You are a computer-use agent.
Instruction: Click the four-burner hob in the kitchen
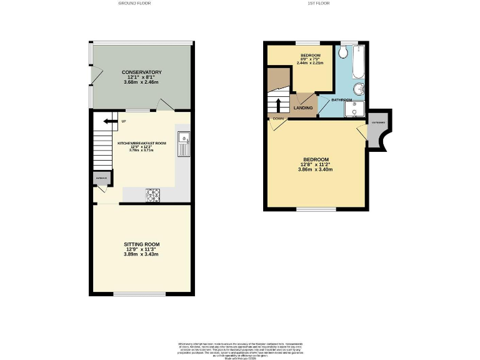click(153, 196)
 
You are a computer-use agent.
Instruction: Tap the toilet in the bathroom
click(344, 53)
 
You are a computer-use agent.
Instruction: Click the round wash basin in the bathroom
click(359, 89)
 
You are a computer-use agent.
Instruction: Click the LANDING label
click(303, 108)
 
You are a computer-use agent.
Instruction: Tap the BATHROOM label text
click(341, 100)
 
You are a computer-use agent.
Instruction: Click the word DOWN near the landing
click(278, 118)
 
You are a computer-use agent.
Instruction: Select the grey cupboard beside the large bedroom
click(378, 131)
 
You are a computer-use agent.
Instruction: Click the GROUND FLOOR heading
click(134, 3)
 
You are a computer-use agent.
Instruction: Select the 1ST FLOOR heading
click(318, 3)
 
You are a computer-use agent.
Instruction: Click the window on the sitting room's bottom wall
click(139, 294)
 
